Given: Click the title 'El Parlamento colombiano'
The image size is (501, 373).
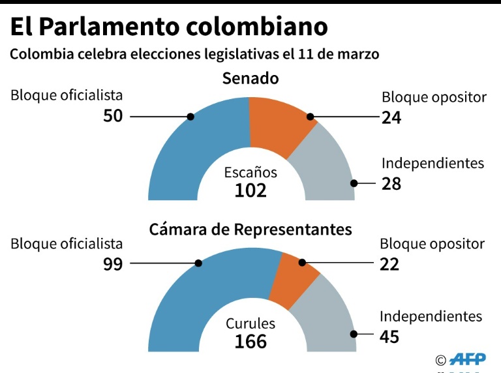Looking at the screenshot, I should click(x=168, y=27).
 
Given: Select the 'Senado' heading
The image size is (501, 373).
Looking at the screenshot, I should click(x=250, y=79).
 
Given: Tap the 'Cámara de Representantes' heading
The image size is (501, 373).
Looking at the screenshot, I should click(x=250, y=230).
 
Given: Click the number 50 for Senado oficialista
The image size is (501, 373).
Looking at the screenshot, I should click(x=113, y=117).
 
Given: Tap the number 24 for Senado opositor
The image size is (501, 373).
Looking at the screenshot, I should click(x=391, y=117).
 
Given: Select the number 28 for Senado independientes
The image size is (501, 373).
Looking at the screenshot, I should click(x=391, y=184).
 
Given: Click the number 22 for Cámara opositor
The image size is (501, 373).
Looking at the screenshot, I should click(x=389, y=264).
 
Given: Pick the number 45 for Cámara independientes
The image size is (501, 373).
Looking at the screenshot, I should click(x=389, y=336).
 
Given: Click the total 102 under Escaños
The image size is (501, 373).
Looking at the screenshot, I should click(x=251, y=190).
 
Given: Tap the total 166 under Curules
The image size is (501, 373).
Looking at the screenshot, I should click(x=251, y=341).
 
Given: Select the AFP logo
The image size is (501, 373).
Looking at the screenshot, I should click(x=468, y=359).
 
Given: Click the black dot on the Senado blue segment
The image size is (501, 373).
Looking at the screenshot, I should click(x=190, y=117).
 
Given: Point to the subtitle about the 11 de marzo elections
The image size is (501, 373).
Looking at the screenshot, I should click(x=194, y=54).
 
